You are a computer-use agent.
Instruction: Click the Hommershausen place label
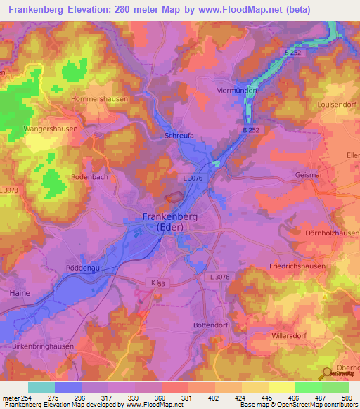click(99, 100)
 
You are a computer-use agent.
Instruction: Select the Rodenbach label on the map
click(89, 177)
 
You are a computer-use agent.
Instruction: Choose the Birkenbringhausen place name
click(44, 347)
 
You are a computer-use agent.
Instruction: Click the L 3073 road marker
click(10, 191)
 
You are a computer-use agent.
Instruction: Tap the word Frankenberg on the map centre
click(180, 217)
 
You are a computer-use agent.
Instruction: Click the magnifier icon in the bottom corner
click(326, 373)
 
